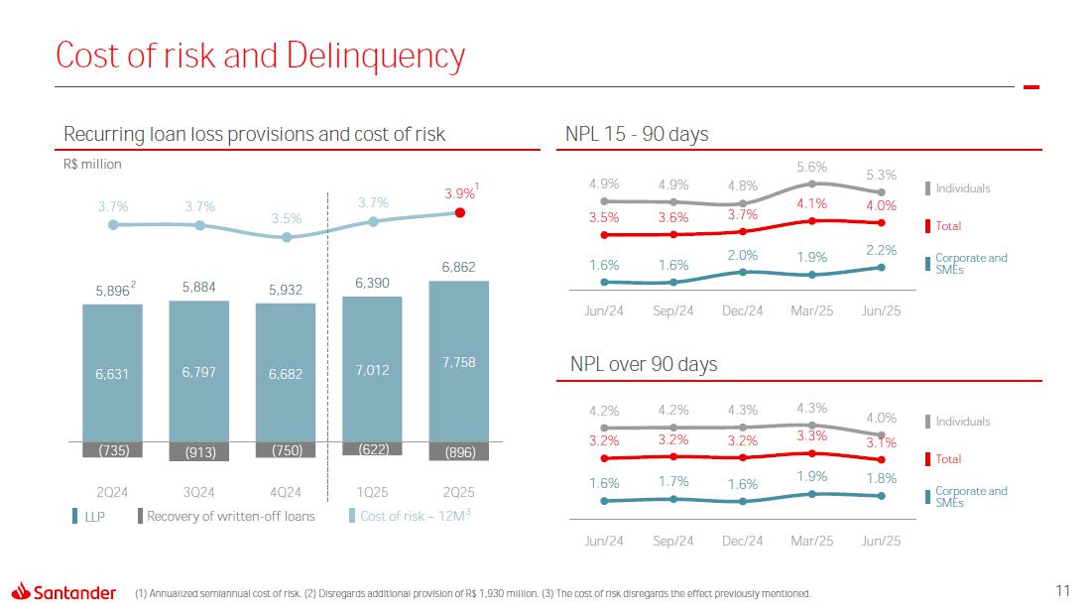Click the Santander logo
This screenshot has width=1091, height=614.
coord(63,592)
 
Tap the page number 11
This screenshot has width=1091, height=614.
coord(1062,592)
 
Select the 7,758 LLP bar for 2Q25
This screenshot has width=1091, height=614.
coord(459,361)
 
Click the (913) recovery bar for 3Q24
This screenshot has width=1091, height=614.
coord(199,451)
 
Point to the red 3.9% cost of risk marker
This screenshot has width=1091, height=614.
coord(459,212)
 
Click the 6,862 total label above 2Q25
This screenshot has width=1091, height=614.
coord(459,268)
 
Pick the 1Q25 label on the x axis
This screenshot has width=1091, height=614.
coord(373,492)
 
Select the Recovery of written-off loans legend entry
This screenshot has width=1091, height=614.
coord(227,516)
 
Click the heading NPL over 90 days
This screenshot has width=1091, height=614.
coord(644,364)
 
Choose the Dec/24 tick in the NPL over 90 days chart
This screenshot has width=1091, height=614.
coord(743,541)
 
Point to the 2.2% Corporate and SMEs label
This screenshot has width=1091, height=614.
coord(881,251)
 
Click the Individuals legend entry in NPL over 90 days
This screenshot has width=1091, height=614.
coord(962,422)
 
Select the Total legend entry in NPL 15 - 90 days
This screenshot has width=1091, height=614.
coord(948,226)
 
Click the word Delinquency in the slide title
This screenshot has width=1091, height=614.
coord(375,57)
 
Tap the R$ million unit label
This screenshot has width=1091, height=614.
coord(92,165)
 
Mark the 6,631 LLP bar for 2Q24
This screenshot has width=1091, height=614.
coord(112,373)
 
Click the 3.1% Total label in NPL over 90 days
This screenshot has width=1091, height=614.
coord(881,443)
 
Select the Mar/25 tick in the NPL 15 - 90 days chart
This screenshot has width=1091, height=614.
coord(812,310)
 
